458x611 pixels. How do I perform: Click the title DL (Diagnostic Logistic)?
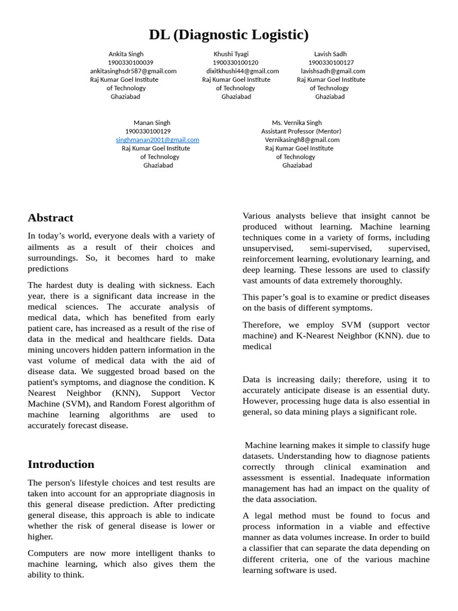(x=228, y=35)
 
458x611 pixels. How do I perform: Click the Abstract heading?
(x=51, y=218)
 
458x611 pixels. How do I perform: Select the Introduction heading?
(x=61, y=464)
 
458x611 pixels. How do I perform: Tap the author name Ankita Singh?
(x=126, y=54)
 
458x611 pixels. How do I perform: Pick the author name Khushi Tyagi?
(x=231, y=54)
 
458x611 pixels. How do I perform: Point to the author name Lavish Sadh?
(x=330, y=54)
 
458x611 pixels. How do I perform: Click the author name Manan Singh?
(x=151, y=123)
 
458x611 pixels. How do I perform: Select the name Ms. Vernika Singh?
(x=297, y=123)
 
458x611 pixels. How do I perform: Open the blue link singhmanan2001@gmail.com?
(x=157, y=140)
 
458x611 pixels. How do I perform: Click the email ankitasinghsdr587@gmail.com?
(x=133, y=70)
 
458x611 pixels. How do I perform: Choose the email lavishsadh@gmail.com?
(x=333, y=70)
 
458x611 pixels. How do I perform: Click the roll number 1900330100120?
(x=236, y=62)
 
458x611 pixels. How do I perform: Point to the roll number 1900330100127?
(x=331, y=62)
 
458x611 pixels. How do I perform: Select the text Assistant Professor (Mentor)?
(x=301, y=131)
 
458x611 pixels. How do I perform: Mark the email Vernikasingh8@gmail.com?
(x=302, y=140)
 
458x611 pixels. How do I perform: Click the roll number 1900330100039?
(x=131, y=62)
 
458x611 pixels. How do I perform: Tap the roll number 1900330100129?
(x=148, y=131)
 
